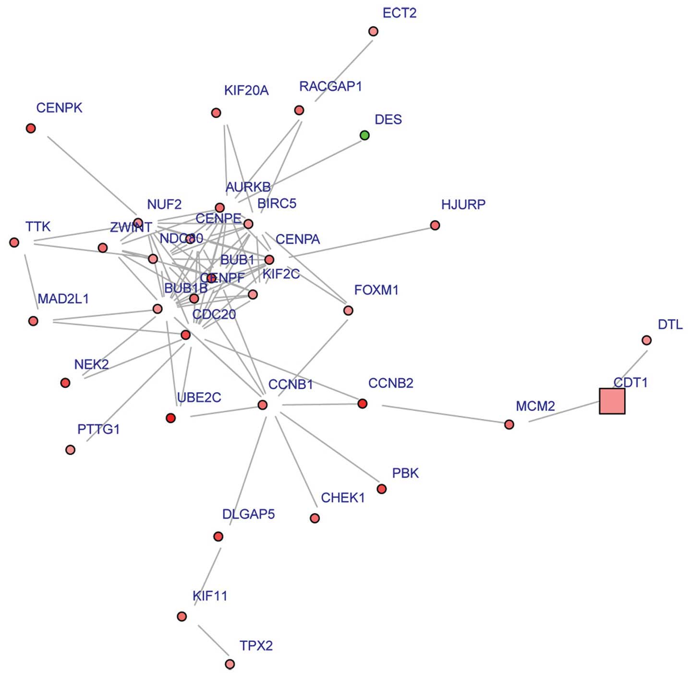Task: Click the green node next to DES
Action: coord(364,135)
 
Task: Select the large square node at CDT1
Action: coord(612,401)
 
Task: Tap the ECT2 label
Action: coord(399,13)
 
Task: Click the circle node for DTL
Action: coord(646,340)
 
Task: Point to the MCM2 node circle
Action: coord(509,424)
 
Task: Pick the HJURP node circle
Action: coord(435,225)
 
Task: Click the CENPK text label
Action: coord(59,108)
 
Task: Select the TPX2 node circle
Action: coord(230,664)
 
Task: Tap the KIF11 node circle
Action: coord(182,616)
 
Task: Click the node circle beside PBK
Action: coord(381,489)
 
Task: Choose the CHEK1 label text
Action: coord(342,498)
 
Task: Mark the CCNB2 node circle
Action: coord(362,404)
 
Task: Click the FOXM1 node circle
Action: coord(348,310)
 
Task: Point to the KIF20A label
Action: coord(246,90)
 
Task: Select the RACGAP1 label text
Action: coord(330,86)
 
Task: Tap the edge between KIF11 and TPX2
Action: coord(213,640)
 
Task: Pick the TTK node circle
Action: coord(14,242)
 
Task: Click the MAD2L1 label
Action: coord(63,299)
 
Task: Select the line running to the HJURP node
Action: coord(360,242)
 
